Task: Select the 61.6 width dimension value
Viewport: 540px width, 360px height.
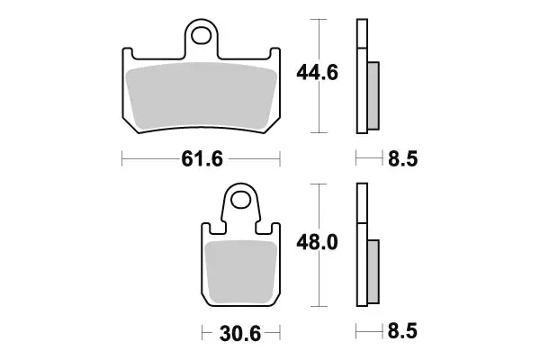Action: (201, 160)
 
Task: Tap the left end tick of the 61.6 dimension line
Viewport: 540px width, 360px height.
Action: (121, 160)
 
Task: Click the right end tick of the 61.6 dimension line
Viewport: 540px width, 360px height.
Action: (281, 160)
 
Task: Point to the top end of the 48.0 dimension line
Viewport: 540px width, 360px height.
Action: (315, 184)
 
